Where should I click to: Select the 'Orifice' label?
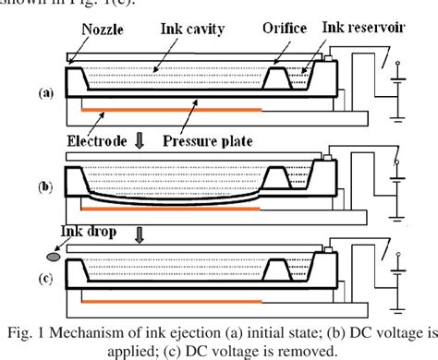[x=287, y=30]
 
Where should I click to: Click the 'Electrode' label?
[x=95, y=141]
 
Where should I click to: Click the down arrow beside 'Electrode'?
[x=139, y=141]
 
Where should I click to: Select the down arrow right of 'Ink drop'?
[x=139, y=235]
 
